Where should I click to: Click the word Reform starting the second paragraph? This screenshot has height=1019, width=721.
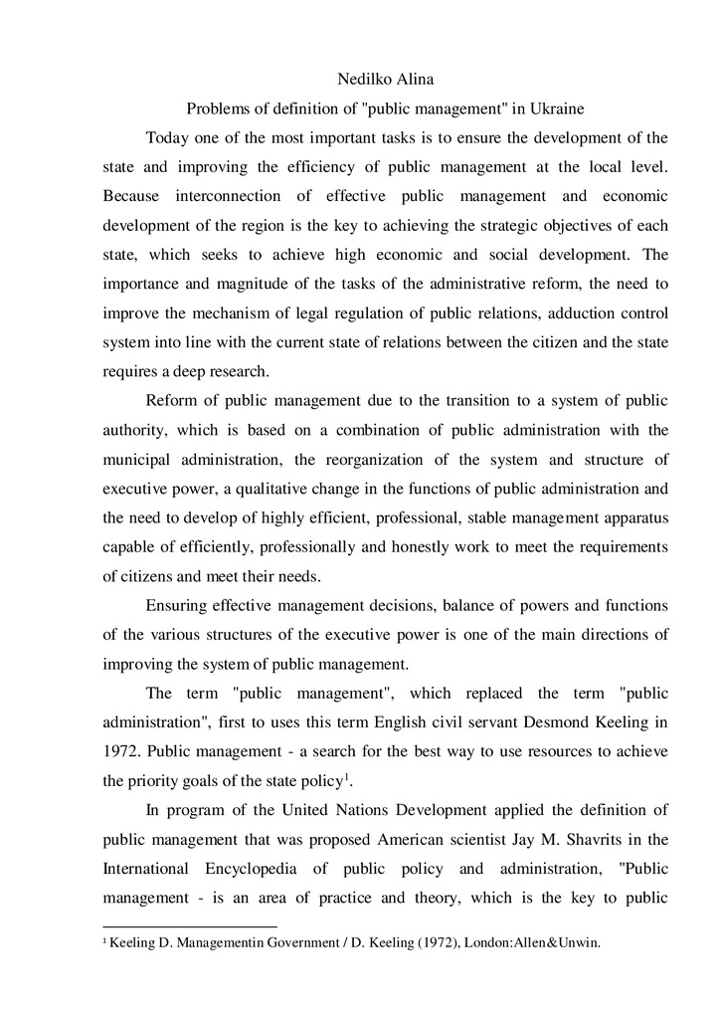point(172,401)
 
